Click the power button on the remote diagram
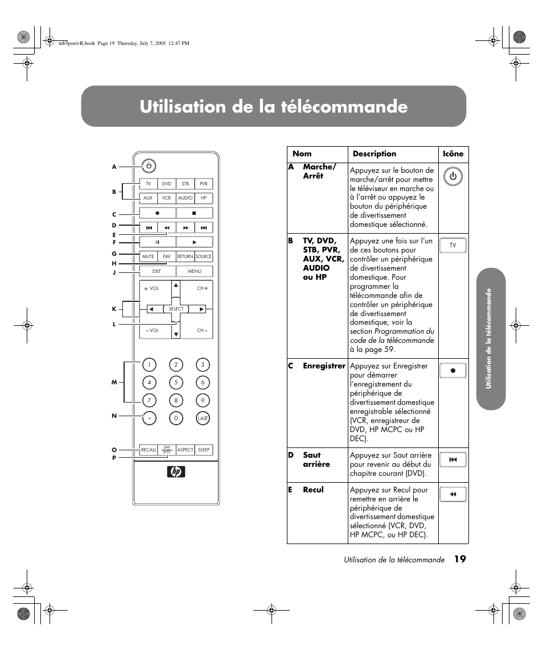(x=148, y=166)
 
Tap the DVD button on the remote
(x=166, y=184)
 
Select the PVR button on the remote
(x=204, y=184)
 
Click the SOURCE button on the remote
(x=204, y=256)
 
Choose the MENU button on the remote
(x=195, y=271)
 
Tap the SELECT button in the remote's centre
(x=176, y=309)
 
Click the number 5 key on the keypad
(x=176, y=383)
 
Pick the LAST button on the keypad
(x=203, y=418)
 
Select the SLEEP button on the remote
(x=204, y=450)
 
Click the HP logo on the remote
(x=176, y=472)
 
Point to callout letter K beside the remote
(x=114, y=309)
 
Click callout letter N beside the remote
(x=114, y=416)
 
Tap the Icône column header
(x=453, y=154)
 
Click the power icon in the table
(x=453, y=176)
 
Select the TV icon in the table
(x=453, y=245)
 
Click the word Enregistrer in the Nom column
(x=324, y=366)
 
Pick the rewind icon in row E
(x=453, y=495)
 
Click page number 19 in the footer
(x=460, y=559)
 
